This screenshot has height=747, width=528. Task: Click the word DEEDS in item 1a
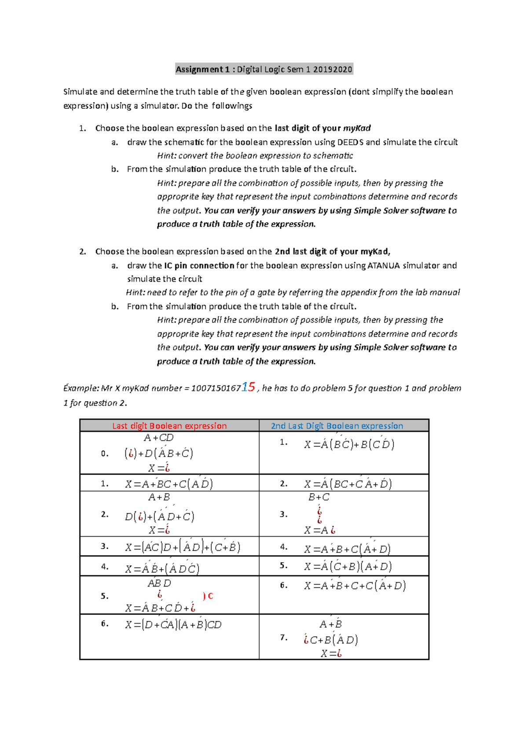click(350, 142)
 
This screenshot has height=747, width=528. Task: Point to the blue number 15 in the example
click(248, 387)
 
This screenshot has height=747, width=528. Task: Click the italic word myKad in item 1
click(357, 128)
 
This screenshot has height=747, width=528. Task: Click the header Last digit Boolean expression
click(169, 425)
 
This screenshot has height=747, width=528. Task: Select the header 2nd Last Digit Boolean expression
click(337, 425)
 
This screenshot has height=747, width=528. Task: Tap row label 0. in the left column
click(104, 454)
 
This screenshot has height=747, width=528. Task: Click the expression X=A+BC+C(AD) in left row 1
click(169, 484)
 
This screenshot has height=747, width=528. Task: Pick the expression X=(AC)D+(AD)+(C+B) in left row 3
click(183, 547)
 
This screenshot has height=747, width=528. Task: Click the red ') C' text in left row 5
click(208, 596)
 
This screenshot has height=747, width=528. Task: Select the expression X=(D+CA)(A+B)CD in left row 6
click(173, 625)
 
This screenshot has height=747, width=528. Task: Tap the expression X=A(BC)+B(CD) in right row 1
click(349, 444)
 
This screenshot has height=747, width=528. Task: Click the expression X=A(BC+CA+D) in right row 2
click(348, 484)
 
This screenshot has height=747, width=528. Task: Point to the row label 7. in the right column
click(284, 637)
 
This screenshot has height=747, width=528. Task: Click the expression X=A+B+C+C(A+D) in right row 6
click(355, 586)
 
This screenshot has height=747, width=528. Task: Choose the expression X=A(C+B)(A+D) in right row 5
click(348, 566)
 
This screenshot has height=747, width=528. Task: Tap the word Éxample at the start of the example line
click(81, 388)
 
